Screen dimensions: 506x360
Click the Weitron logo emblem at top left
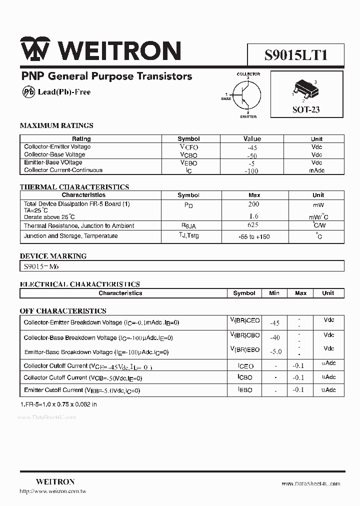pos(34,50)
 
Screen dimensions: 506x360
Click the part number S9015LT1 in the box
pos(295,54)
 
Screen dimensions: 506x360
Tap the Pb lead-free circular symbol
pos(28,92)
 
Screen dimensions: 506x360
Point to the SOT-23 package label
pos(306,109)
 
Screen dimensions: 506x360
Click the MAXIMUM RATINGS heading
pos(56,125)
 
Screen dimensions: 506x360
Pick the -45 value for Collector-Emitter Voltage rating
pos(252,147)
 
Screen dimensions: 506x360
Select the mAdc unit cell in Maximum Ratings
pos(316,170)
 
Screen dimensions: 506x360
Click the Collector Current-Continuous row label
pos(63,170)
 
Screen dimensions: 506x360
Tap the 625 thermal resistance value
pos(253,225)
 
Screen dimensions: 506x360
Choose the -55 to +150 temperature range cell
pos(254,236)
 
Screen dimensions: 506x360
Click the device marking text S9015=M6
pos(41,266)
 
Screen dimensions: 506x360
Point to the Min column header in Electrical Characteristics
pos(274,293)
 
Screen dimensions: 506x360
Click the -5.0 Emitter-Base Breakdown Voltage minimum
pos(275,351)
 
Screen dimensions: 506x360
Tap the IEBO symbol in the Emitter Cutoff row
pos(244,390)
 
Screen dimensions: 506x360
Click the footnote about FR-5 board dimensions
pos(58,404)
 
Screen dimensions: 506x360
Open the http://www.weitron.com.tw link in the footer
pos(53,491)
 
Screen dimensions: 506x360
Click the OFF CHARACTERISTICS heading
pos(63,310)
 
